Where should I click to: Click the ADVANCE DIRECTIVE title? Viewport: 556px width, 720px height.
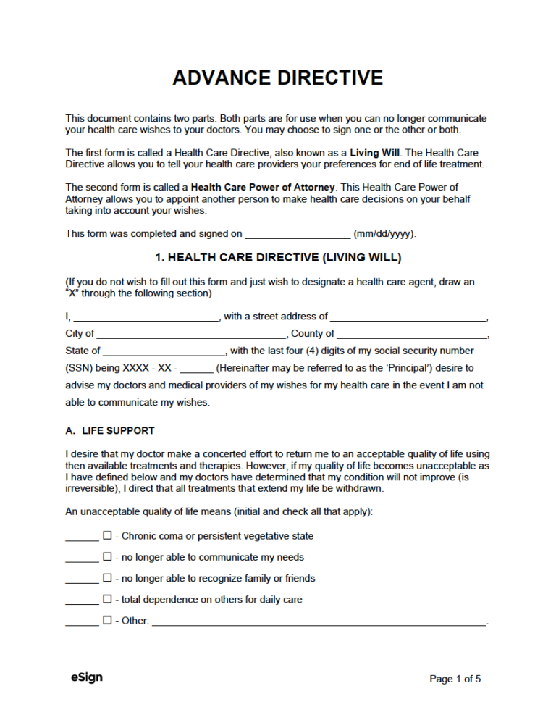[x=278, y=78]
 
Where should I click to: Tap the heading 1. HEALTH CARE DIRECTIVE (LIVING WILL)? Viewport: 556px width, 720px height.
[x=278, y=257]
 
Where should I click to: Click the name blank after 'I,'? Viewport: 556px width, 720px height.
[x=146, y=317]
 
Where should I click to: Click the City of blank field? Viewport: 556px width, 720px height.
[x=191, y=334]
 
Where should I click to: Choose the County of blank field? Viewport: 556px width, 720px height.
[x=412, y=334]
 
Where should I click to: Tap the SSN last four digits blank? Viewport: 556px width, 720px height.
[x=195, y=369]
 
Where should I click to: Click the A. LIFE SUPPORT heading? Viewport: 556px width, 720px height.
[x=109, y=430]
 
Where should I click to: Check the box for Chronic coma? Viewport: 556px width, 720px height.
[x=107, y=536]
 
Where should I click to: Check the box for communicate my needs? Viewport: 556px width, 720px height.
[x=107, y=557]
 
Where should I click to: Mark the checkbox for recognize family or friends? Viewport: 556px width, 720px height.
[x=107, y=578]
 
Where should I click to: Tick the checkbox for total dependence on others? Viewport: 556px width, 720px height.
[x=107, y=599]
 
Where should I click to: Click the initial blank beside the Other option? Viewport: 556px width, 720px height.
[x=82, y=621]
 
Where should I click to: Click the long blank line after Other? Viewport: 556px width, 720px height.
[x=319, y=621]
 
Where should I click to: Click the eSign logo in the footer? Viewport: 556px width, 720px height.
[x=86, y=677]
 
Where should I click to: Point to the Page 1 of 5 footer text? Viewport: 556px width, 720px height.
[x=455, y=679]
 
